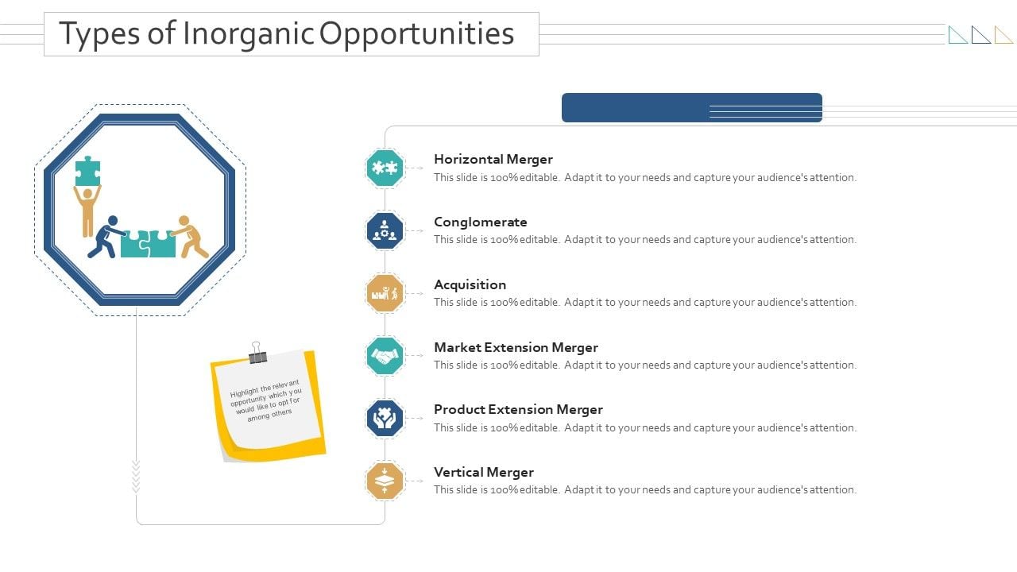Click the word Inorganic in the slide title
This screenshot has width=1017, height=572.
point(249,34)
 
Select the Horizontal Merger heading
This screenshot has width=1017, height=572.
point(493,159)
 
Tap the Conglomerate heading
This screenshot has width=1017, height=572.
point(481,222)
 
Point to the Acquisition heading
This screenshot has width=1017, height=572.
point(470,284)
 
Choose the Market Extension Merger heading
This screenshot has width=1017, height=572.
point(516,347)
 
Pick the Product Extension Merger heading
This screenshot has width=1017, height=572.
point(518,409)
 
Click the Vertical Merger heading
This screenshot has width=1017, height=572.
point(484,472)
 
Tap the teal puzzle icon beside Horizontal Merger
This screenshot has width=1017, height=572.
point(385,168)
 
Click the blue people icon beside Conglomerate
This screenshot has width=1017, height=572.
point(385,230)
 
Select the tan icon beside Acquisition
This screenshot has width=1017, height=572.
point(385,293)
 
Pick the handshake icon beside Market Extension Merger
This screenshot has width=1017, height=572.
point(385,356)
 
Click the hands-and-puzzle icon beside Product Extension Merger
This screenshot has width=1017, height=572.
point(385,418)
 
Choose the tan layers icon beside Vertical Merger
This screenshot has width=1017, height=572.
point(385,481)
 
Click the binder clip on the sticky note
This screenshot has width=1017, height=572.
point(257,354)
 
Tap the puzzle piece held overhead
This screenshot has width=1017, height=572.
point(87,171)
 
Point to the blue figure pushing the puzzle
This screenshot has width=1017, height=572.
point(105,236)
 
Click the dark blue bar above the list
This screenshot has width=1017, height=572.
point(691,108)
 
